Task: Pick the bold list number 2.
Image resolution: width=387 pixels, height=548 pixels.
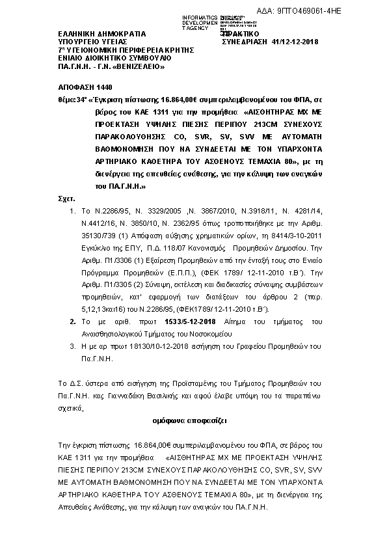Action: point(73,321)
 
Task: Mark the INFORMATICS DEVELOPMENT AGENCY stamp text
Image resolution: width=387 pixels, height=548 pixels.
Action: point(200,22)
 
